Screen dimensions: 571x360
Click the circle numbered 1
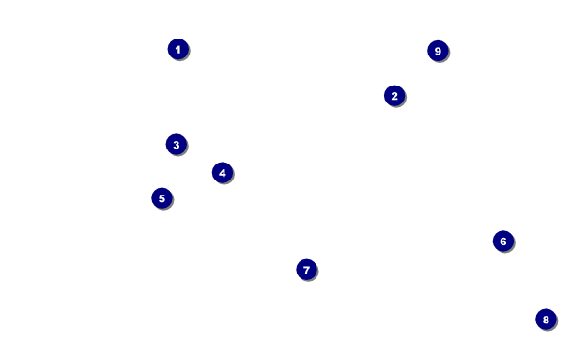(178, 49)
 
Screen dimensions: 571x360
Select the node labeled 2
(394, 96)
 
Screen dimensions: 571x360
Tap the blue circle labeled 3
(177, 145)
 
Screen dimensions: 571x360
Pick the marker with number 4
(223, 173)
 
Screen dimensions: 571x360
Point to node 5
(162, 198)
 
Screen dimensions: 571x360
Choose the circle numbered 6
(503, 242)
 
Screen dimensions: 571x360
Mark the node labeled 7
(306, 270)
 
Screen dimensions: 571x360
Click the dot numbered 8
(546, 320)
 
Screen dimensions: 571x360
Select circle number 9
(438, 51)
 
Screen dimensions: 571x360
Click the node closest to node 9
(394, 96)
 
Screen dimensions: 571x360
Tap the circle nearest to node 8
(503, 242)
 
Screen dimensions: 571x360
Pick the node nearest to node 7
(223, 173)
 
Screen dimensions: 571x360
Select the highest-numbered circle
(438, 51)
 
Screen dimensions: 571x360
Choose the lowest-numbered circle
(178, 49)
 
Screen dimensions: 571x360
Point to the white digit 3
(177, 145)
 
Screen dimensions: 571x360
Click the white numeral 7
(306, 270)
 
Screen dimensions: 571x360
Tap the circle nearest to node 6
(546, 320)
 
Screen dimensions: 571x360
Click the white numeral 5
(162, 198)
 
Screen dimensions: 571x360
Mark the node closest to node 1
(177, 145)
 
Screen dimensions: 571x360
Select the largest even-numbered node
(546, 320)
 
